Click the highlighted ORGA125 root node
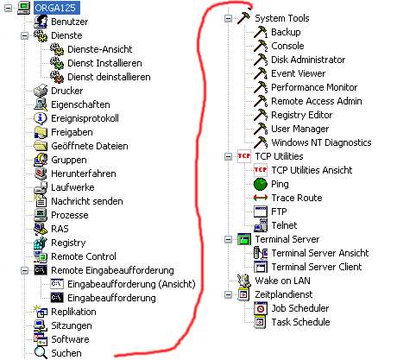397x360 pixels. point(57,8)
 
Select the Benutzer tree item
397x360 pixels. point(69,22)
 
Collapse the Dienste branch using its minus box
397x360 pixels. point(25,35)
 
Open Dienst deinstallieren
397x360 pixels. point(109,77)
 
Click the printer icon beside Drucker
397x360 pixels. point(41,91)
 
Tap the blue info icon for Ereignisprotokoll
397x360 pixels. point(41,118)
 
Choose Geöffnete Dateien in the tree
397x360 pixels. point(90,146)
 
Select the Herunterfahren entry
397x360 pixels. point(84,174)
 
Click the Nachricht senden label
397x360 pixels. point(87,201)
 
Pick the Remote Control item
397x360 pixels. point(84,256)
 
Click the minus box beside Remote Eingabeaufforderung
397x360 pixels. point(25,270)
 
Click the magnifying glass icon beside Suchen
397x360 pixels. point(41,353)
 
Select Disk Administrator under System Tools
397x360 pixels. point(308,60)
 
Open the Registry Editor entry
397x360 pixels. point(301,115)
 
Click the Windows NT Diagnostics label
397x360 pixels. point(321,142)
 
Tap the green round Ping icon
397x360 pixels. point(261,184)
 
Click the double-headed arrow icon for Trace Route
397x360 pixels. point(261,198)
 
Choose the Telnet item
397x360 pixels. point(284,225)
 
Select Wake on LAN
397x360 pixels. point(282,281)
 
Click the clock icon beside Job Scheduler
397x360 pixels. point(261,308)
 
